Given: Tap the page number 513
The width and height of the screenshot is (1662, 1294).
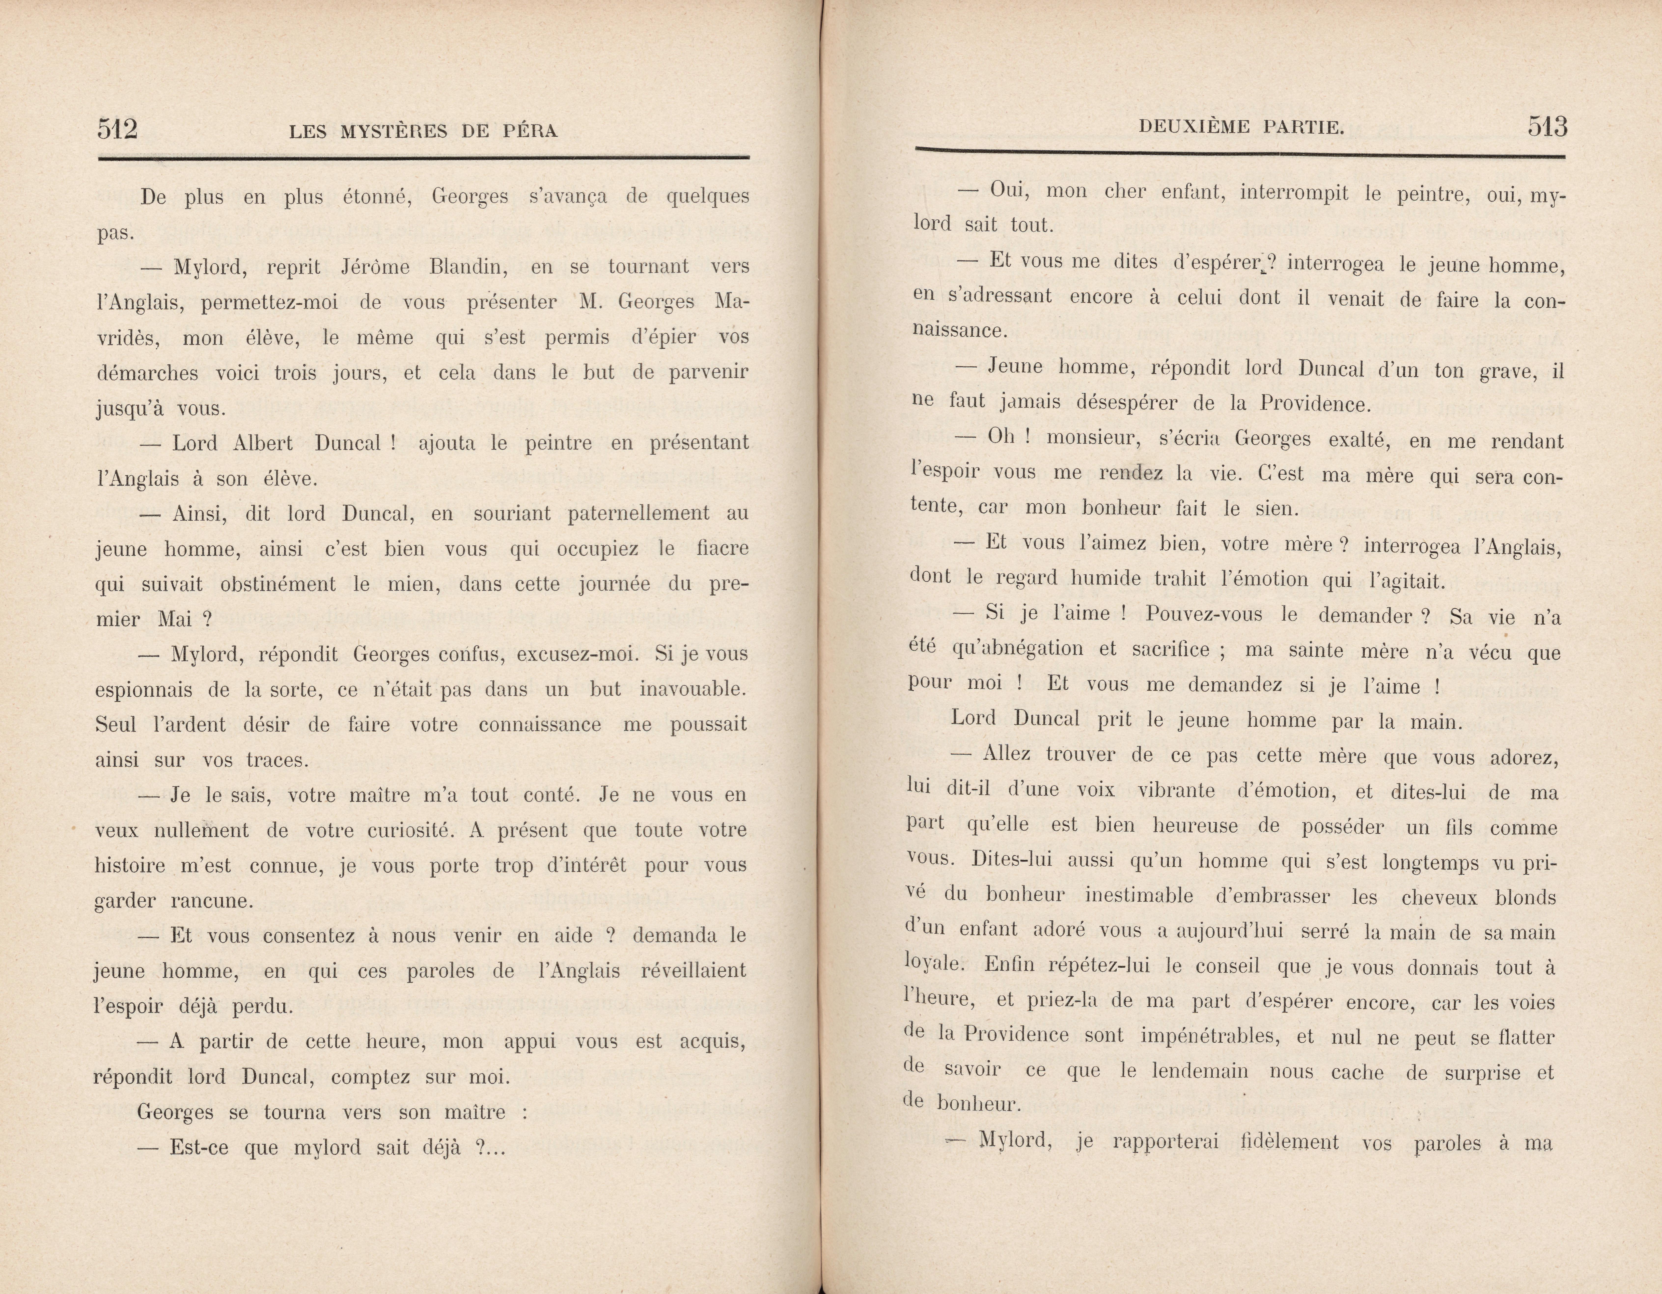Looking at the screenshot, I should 1547,126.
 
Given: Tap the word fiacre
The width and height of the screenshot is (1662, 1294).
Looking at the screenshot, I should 721,549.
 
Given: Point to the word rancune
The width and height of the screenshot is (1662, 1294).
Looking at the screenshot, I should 211,901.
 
